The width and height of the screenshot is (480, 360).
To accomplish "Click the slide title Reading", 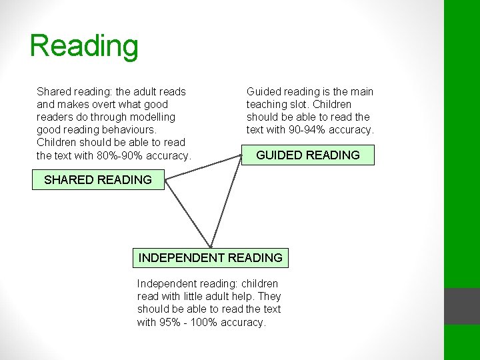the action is click(84, 46).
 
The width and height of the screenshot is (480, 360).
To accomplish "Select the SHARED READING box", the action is click(98, 179).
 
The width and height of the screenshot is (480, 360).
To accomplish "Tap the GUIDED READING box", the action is click(308, 155).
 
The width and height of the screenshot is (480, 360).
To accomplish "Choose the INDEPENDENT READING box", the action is click(211, 257).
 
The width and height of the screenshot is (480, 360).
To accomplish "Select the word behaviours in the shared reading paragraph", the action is click(127, 129).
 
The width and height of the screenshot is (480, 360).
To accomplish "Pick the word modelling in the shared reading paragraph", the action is click(152, 117).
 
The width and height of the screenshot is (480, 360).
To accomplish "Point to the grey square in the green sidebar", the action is click(462, 306).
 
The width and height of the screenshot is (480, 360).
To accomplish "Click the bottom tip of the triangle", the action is click(211, 247).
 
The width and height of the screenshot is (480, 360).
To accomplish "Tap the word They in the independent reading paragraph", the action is click(269, 296).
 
